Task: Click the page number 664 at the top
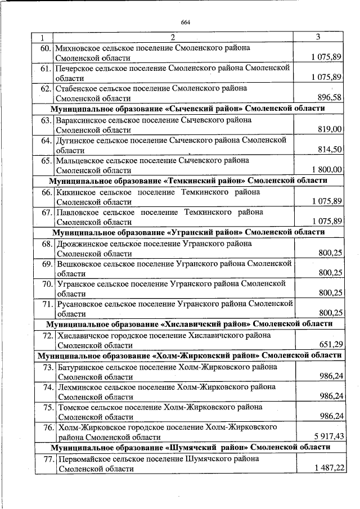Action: point(186,22)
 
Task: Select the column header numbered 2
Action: point(173,38)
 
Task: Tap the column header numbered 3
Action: point(318,37)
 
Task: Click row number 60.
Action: point(46,48)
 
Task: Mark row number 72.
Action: point(46,335)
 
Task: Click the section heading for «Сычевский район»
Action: point(188,109)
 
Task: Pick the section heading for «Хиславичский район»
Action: point(188,324)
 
